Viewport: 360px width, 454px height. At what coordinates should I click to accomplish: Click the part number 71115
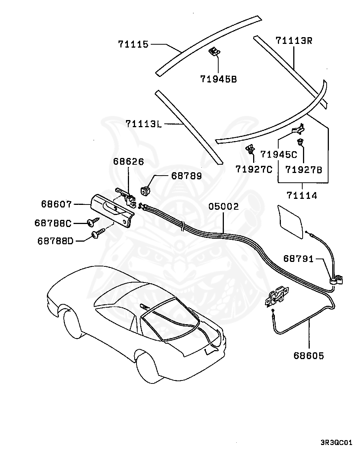coord(133,44)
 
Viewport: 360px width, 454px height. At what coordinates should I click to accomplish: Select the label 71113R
coord(294,41)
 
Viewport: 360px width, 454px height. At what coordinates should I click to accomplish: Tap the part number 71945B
coord(219,79)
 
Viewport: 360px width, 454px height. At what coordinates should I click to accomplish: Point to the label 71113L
coord(143,124)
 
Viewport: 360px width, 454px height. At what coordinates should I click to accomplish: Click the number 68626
coord(128,162)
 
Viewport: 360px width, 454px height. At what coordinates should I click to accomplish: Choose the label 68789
coord(186,176)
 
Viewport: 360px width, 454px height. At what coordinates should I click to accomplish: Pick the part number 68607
coord(57,204)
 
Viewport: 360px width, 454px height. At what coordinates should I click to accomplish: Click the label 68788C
coord(53,223)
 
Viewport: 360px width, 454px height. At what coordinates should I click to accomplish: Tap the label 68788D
coord(55,241)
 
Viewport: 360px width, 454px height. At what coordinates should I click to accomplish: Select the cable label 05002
coord(223,206)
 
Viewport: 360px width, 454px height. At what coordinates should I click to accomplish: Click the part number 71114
coord(302,195)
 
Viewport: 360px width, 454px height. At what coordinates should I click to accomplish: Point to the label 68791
coord(298,259)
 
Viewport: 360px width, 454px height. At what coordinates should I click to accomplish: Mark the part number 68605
coord(309,356)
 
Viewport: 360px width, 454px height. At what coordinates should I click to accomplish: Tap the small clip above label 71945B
coord(214,51)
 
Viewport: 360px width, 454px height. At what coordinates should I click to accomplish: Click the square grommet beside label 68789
coord(145,191)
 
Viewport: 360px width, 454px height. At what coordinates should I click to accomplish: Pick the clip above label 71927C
coord(250,149)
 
